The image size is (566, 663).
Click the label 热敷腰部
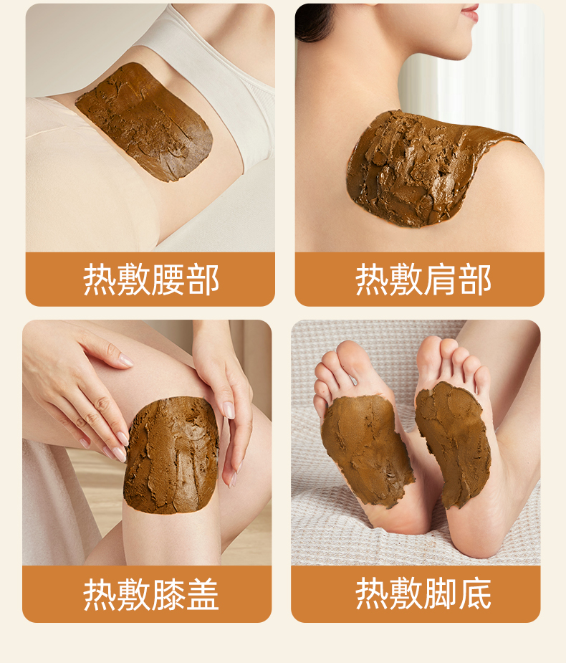(151, 280)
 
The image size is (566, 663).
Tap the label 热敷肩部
(423, 280)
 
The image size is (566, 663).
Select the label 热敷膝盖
(151, 594)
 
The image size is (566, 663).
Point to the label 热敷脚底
(423, 593)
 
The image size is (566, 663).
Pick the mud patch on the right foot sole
(453, 443)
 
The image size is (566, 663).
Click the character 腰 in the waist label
(168, 280)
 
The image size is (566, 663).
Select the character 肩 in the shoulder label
(440, 280)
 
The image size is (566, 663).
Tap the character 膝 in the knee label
(168, 595)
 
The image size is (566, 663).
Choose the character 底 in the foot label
(475, 594)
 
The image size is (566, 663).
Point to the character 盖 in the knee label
(203, 595)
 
